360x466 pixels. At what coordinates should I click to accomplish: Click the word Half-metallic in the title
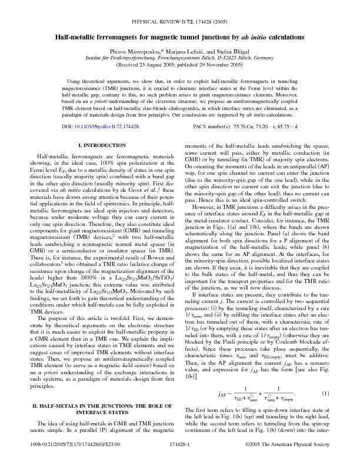[77, 37]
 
